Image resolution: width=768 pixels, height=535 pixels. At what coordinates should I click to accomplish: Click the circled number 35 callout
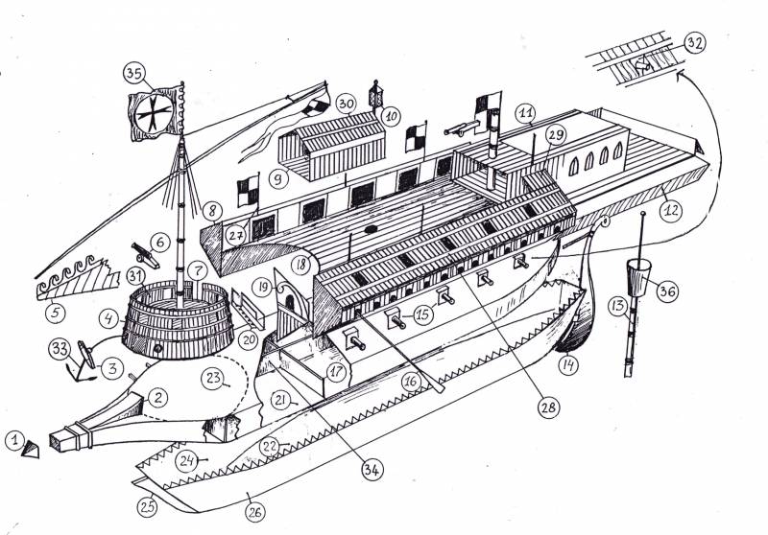(x=134, y=74)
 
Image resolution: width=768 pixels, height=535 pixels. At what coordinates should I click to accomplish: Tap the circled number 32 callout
(x=694, y=43)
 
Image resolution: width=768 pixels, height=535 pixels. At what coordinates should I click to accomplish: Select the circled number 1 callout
(x=15, y=441)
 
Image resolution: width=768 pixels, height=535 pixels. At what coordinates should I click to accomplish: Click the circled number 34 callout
(x=372, y=470)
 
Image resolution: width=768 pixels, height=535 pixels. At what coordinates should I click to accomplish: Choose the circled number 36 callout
(x=667, y=291)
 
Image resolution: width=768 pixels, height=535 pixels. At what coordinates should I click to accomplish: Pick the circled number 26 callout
(x=254, y=512)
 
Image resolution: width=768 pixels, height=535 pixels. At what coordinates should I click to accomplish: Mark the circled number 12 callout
(x=671, y=210)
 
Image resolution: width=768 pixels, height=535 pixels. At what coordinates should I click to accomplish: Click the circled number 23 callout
(x=213, y=379)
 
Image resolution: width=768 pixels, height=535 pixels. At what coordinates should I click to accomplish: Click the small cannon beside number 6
(x=145, y=254)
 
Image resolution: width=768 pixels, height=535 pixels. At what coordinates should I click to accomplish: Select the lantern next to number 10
(x=375, y=93)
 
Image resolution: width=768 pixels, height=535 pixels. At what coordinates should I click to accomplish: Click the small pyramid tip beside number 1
(x=31, y=449)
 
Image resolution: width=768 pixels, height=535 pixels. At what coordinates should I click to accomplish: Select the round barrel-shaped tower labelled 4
(x=178, y=320)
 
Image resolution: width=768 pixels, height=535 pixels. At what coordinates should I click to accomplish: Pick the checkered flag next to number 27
(x=249, y=190)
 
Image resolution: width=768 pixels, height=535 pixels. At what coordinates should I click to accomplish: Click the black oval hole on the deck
(x=371, y=229)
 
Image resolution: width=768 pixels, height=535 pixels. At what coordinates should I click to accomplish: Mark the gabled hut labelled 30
(x=332, y=145)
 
